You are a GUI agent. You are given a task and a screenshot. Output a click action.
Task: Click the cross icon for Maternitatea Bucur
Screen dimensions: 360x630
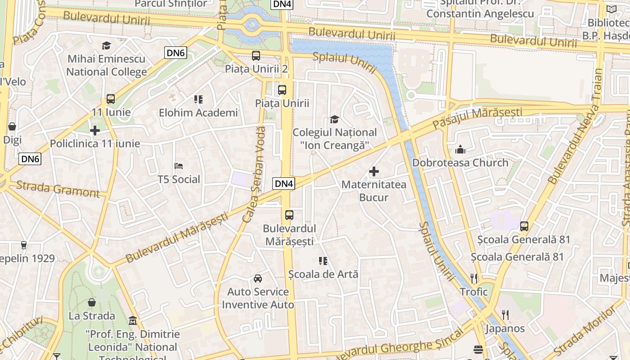(374, 171)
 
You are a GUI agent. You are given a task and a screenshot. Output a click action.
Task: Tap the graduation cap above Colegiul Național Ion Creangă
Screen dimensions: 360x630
(334, 119)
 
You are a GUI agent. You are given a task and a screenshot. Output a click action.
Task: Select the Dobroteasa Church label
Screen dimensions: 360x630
(460, 162)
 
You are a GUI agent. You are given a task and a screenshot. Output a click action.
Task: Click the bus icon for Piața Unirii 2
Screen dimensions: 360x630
(256, 56)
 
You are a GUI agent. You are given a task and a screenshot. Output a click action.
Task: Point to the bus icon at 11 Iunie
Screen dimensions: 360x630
(111, 99)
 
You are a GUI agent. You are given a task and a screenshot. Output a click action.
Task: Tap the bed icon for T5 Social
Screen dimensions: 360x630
(179, 166)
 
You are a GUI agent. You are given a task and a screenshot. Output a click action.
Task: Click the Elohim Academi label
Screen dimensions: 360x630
(198, 112)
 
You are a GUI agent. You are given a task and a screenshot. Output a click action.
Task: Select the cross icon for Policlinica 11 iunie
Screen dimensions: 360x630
(95, 131)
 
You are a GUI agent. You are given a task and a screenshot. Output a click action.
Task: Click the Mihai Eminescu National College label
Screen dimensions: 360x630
(107, 65)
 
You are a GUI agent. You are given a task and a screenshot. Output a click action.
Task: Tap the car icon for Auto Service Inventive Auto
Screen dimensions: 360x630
(258, 279)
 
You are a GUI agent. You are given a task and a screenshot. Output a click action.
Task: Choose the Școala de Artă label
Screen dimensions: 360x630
(323, 274)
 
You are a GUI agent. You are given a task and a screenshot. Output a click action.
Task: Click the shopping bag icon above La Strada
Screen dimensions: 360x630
(92, 302)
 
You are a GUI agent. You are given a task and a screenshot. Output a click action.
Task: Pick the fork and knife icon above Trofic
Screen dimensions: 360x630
(473, 279)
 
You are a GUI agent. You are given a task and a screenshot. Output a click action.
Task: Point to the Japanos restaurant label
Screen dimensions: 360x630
(505, 328)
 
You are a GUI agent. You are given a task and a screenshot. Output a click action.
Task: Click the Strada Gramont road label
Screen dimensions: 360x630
(58, 189)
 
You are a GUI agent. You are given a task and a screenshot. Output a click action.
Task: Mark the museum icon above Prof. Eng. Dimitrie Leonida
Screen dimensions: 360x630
(133, 321)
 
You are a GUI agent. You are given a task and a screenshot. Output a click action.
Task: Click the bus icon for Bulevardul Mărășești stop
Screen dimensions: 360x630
(289, 215)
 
